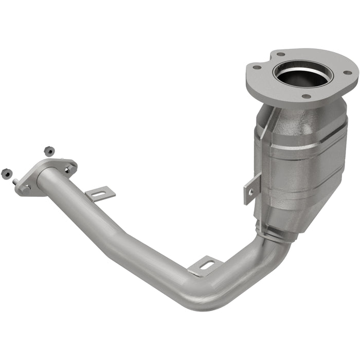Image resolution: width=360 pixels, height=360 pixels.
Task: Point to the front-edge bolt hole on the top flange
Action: [x=305, y=96]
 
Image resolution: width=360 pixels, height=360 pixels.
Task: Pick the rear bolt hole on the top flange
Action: [x=280, y=53]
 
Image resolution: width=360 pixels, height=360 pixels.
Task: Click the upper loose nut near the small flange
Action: [x=49, y=151]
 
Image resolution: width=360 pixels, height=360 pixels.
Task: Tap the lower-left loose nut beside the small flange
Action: [x=7, y=173]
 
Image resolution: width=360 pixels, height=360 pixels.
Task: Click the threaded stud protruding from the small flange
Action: [x=16, y=182]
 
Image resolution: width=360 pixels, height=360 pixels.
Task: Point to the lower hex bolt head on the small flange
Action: [x=25, y=188]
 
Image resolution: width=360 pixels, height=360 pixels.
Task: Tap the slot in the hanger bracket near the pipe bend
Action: [x=206, y=265]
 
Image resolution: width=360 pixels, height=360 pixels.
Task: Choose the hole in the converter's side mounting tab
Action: [x=250, y=191]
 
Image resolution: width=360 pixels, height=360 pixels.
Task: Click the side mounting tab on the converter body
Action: [x=252, y=188]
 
